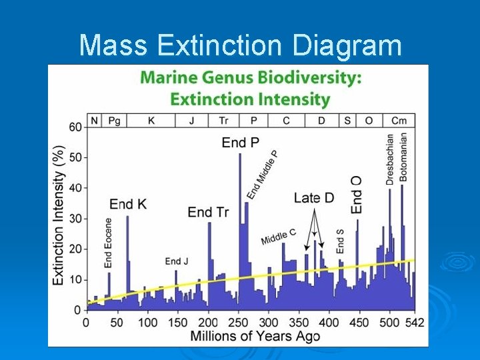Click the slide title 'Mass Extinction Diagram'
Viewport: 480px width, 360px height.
click(240, 45)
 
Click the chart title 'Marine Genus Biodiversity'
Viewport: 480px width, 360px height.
click(251, 77)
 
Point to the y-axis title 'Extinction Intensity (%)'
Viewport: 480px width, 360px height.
click(59, 215)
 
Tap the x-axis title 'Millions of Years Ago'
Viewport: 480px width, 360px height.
click(255, 336)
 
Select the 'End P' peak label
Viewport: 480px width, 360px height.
click(241, 143)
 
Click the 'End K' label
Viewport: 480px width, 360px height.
click(127, 204)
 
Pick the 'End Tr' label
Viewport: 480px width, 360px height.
click(208, 212)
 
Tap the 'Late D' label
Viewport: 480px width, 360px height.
click(314, 197)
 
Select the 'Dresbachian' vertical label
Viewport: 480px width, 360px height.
click(390, 159)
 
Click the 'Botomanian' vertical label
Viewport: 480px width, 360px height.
click(403, 157)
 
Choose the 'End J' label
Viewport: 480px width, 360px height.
click(177, 261)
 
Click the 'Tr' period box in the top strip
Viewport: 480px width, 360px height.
click(222, 121)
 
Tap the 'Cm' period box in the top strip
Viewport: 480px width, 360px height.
click(399, 121)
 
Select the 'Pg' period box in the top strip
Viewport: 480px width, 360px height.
click(114, 121)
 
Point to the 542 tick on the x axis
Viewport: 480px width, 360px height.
click(414, 323)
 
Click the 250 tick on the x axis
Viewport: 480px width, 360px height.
click(239, 323)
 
